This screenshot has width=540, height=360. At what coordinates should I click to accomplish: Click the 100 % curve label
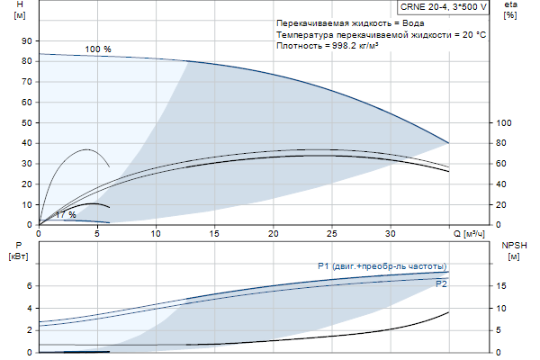[98, 49]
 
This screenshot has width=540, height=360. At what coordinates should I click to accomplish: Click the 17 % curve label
[65, 214]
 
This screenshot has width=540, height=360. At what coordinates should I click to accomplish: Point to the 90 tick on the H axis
[26, 40]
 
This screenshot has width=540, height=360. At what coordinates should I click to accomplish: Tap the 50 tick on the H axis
[26, 122]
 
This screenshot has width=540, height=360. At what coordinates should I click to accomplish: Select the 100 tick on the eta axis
[504, 122]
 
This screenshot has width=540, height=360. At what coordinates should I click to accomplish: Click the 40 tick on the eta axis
[504, 184]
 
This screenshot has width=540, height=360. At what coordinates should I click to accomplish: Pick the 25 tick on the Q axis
[332, 234]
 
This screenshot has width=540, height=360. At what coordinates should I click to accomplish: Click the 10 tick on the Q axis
[157, 234]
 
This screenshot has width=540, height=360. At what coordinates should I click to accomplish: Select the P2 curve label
[441, 283]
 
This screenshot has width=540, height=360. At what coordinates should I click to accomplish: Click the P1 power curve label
[382, 266]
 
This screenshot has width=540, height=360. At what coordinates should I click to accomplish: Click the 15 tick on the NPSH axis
[502, 286]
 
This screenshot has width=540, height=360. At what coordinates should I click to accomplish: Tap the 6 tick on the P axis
[29, 286]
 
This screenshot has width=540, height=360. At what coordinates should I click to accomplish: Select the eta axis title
[510, 5]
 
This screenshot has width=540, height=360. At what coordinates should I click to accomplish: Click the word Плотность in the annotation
[298, 46]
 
